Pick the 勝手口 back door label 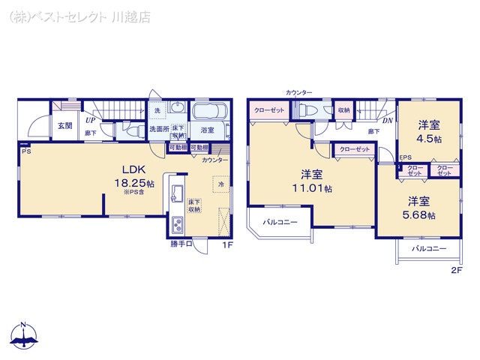click(x=181, y=243)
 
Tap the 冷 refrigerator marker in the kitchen click(x=221, y=183)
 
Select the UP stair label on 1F click(x=89, y=119)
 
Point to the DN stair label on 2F click(x=387, y=119)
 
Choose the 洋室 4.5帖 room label click(x=430, y=132)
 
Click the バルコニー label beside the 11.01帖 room click(x=280, y=222)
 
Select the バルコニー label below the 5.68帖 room click(x=428, y=248)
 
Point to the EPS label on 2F click(x=405, y=157)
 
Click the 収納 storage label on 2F click(x=343, y=110)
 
